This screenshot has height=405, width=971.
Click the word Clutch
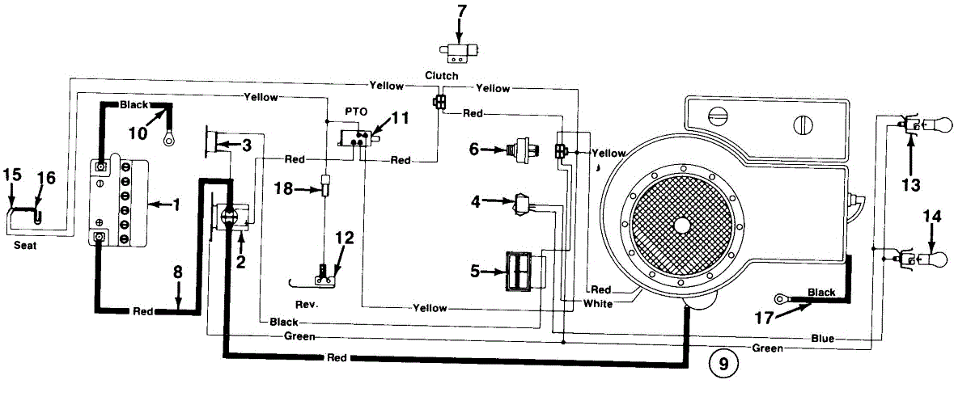pos(442,76)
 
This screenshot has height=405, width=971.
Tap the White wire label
pos(597,303)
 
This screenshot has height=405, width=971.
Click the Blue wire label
pos(821,338)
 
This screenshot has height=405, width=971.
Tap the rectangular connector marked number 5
pos(519,271)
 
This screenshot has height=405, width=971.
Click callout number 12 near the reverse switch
pos(345,238)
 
